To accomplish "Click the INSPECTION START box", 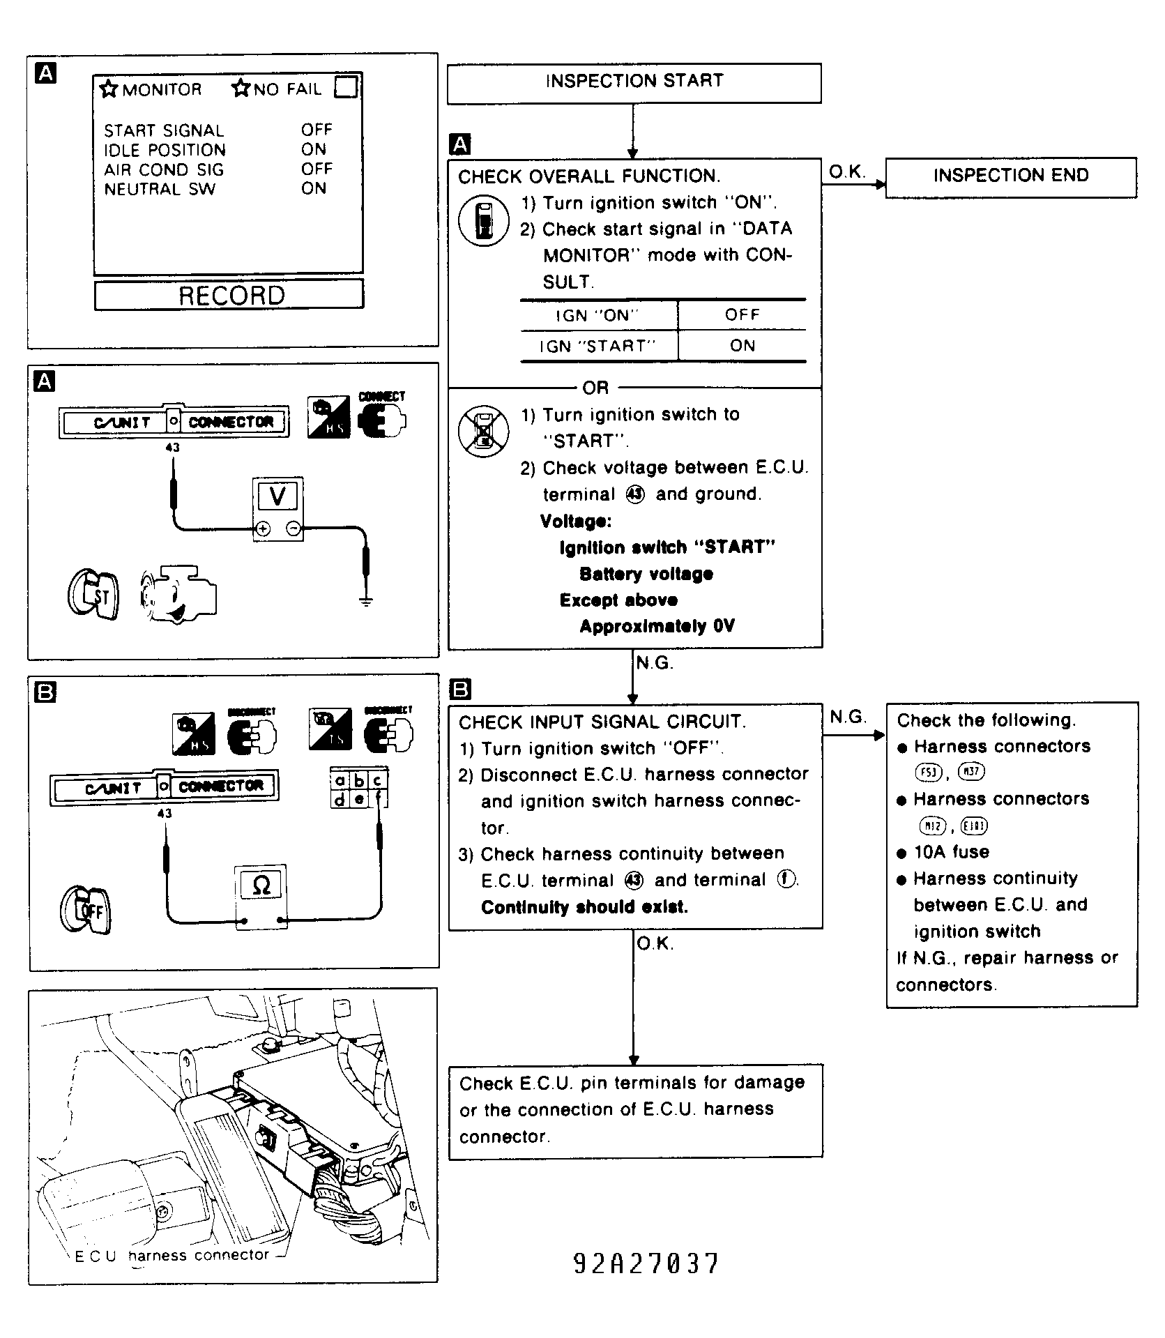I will pyautogui.click(x=634, y=83).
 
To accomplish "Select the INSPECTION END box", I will pyautogui.click(x=1010, y=176).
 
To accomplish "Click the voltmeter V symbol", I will pyautogui.click(x=277, y=496).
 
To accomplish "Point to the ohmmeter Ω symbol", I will pyautogui.click(x=261, y=885).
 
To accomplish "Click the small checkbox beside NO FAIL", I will pyautogui.click(x=346, y=88).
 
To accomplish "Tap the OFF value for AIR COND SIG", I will pyautogui.click(x=317, y=169).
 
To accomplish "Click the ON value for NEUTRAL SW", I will pyautogui.click(x=314, y=189).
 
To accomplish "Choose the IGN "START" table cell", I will pyautogui.click(x=598, y=346).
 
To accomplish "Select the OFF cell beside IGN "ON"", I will pyautogui.click(x=742, y=315).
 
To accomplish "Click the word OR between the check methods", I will pyautogui.click(x=595, y=388).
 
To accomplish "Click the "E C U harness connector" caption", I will pyautogui.click(x=172, y=1256).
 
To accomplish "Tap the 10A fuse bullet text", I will pyautogui.click(x=951, y=852).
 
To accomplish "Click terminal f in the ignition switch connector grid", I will pyautogui.click(x=379, y=800).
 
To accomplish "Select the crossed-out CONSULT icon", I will pyautogui.click(x=483, y=430).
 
